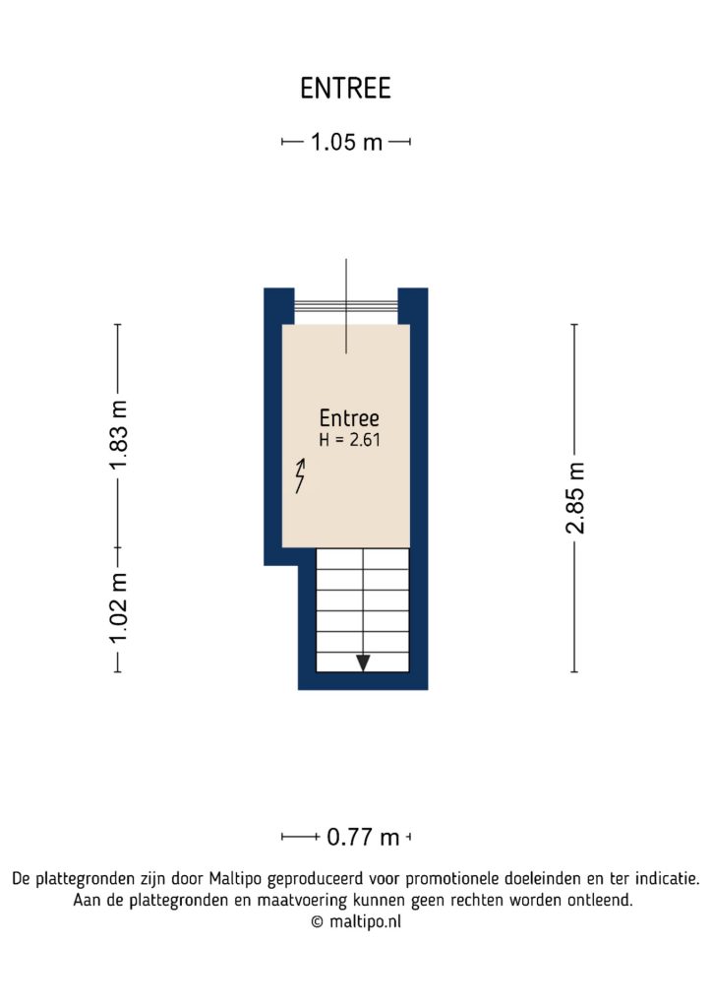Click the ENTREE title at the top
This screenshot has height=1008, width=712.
point(345,89)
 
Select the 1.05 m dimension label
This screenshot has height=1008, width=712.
point(346,143)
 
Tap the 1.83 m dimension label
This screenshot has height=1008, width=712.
point(118,435)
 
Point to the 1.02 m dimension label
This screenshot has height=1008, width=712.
point(118,608)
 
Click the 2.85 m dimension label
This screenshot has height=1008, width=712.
point(575,497)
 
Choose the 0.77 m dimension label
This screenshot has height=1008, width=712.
point(363,838)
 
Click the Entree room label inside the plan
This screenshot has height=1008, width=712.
point(349,418)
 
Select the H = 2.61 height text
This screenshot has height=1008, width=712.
point(349,441)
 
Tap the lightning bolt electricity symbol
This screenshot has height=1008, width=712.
point(300,475)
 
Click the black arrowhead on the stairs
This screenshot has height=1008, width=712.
point(363,662)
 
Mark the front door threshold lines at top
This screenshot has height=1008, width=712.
point(345,307)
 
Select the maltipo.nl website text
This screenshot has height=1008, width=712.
point(364,922)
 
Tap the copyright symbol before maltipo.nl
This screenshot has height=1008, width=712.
point(317,922)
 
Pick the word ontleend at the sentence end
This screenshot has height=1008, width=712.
point(599,900)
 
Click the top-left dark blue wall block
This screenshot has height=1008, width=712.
point(278,303)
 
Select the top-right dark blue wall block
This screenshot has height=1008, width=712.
point(413,303)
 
